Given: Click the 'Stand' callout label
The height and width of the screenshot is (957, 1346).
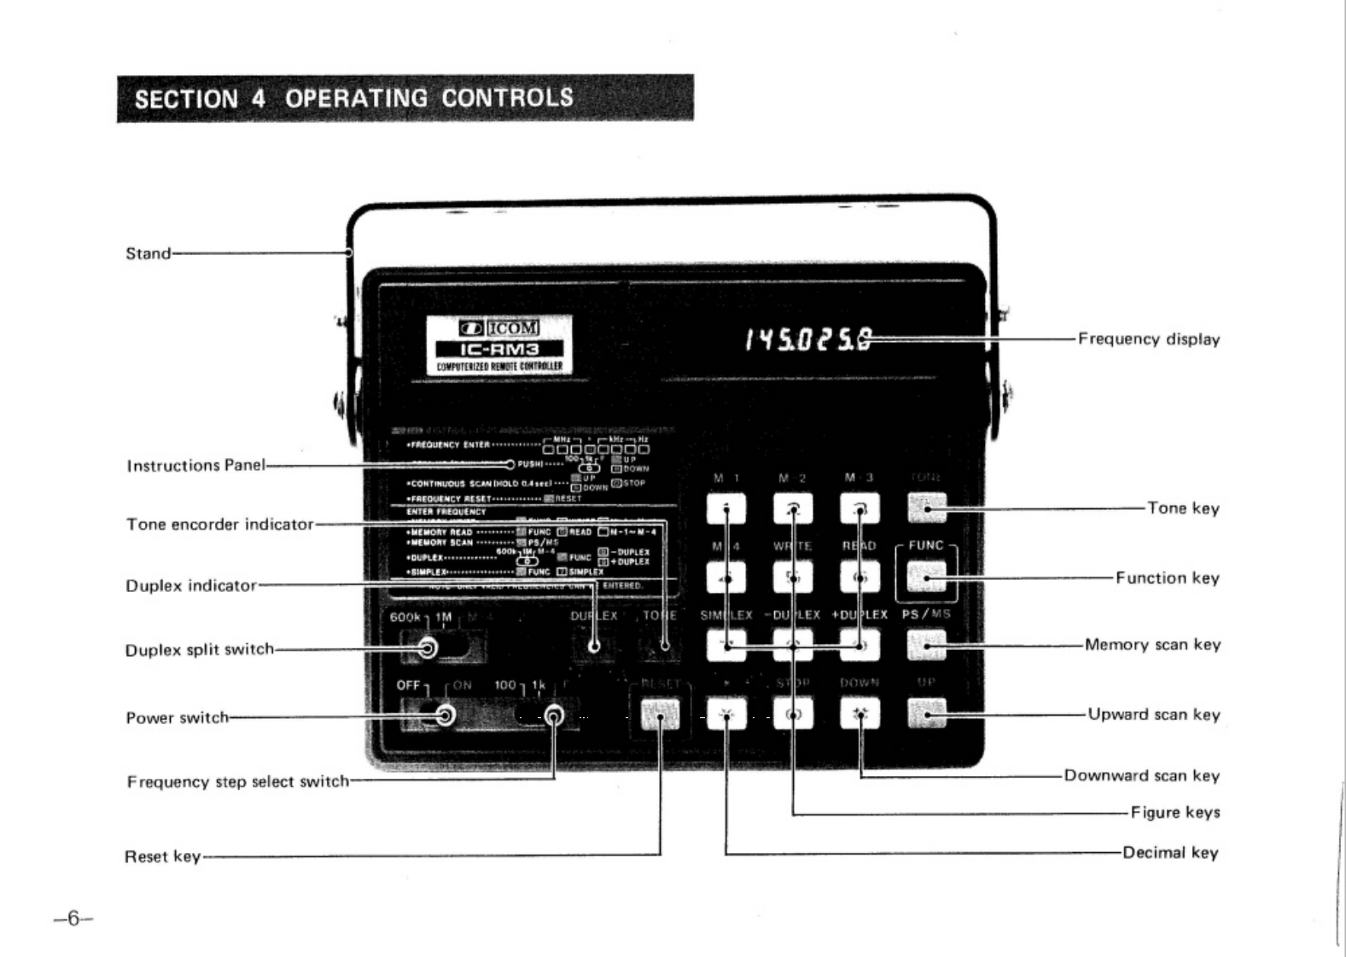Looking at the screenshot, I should [148, 253].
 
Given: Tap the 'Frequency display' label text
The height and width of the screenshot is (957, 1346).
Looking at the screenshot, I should [1148, 339].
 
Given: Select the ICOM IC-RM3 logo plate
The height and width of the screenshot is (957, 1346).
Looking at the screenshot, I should [499, 345].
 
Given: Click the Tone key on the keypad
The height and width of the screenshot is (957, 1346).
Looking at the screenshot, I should [927, 508].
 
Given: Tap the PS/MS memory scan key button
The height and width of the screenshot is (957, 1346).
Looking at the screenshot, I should [927, 646].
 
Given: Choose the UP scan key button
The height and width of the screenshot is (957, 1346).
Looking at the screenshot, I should [927, 714].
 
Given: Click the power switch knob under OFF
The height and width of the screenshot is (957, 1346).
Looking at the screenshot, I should [445, 715].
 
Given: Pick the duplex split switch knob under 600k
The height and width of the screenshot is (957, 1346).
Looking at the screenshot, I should [428, 648].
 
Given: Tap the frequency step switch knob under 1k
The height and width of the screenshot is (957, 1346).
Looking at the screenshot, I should [554, 715].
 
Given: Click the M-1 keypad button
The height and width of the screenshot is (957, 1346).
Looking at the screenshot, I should [726, 509].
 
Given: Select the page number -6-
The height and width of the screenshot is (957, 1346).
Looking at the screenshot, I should [73, 918].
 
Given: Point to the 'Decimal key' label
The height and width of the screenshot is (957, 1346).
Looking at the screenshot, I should [1170, 852].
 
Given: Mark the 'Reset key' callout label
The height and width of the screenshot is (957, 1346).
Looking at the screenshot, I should [162, 855].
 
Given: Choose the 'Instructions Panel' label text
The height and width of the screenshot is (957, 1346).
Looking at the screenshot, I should [195, 466].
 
